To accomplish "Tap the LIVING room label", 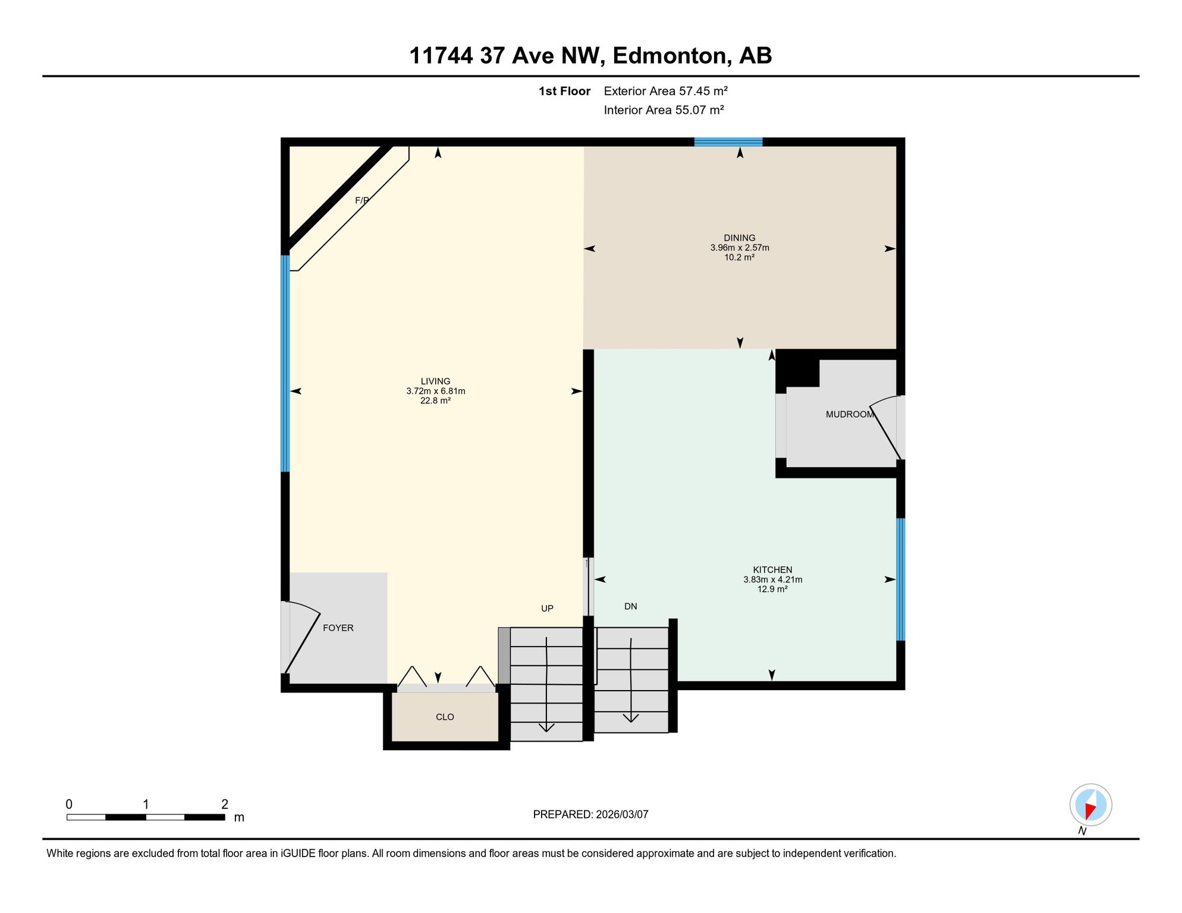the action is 436,382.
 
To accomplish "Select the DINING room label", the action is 740,238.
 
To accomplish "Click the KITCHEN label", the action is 772,570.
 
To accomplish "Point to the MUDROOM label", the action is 850,414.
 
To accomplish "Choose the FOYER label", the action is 338,628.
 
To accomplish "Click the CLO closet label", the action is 445,717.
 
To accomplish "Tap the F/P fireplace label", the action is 362,200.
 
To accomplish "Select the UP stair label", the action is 547,608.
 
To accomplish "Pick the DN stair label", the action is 631,606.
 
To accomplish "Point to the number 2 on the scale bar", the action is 225,804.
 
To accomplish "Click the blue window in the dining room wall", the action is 728,142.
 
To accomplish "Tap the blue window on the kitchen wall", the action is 901,580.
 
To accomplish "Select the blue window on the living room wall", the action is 285,363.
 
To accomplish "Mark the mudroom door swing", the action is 885,427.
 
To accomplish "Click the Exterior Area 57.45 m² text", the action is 666,91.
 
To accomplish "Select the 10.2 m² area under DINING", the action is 740,257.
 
